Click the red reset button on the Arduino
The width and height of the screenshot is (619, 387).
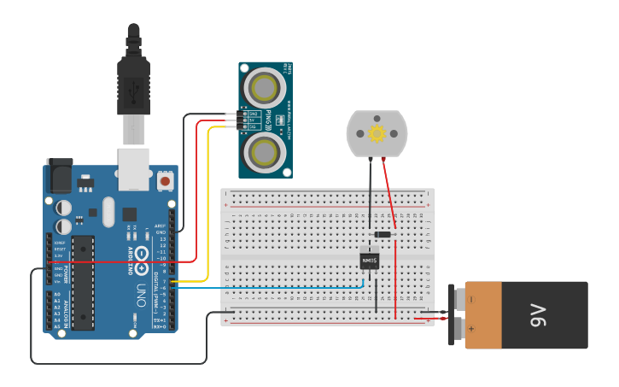[165, 181]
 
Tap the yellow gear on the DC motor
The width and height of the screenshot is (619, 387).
[377, 133]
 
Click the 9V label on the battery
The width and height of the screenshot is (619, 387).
[537, 315]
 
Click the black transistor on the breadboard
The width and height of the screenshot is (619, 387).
[370, 261]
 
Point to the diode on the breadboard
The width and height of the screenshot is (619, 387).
[382, 235]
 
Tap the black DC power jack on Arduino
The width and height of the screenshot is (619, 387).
[59, 176]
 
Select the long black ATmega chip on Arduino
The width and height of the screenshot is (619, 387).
[82, 282]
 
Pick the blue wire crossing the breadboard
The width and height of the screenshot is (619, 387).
[273, 288]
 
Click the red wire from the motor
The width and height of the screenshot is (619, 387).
[389, 196]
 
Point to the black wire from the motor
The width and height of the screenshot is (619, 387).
[370, 192]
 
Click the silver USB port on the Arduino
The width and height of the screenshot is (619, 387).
[132, 167]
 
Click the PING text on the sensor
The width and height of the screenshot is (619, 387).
[268, 120]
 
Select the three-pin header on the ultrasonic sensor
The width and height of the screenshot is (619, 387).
[244, 120]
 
